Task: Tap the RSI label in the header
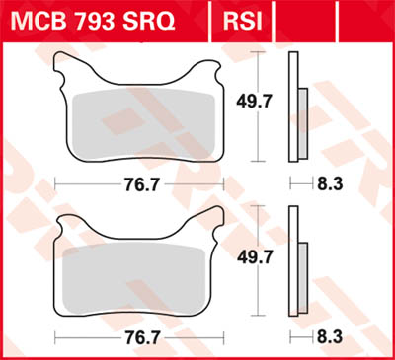click(x=243, y=19)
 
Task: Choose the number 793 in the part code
click(x=99, y=19)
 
